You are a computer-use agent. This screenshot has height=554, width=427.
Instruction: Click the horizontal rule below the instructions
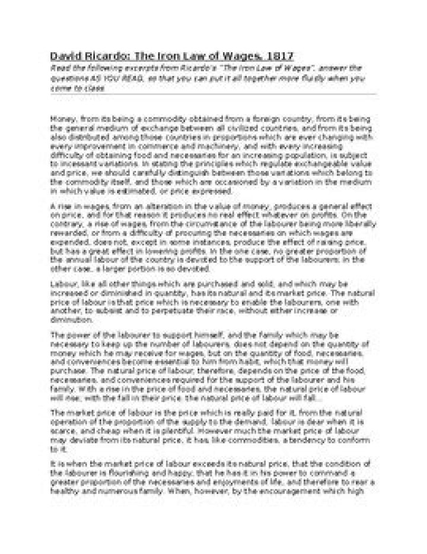[213, 94]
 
